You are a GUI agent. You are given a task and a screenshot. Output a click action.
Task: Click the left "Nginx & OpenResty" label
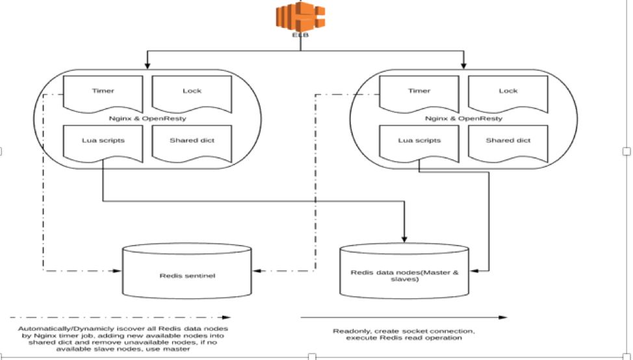pos(148,119)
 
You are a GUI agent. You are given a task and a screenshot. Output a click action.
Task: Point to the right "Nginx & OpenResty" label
pos(463,119)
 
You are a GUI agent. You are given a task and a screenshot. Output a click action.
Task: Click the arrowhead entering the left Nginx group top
pos(148,65)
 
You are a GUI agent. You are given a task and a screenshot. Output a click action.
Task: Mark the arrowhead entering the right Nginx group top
pos(463,65)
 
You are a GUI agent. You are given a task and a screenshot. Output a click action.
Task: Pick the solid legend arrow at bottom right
pos(403,318)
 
